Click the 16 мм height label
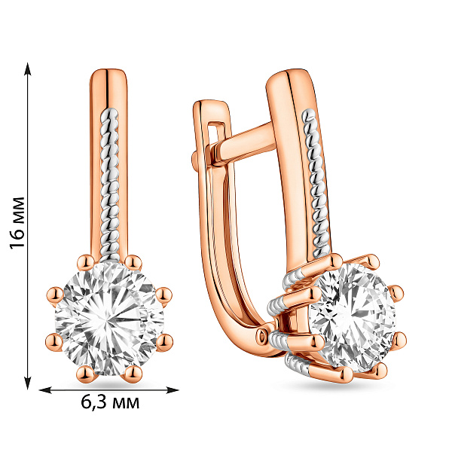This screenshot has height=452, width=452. (17, 223)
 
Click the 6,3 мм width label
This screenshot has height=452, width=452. (110, 402)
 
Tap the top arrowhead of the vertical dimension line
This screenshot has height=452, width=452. (28, 69)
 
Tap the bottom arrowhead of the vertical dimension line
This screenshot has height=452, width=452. (28, 383)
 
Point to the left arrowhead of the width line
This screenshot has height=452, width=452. (45, 390)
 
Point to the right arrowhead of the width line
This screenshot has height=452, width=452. (172, 390)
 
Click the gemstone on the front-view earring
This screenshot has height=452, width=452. (109, 319)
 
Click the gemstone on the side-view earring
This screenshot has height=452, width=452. (353, 317)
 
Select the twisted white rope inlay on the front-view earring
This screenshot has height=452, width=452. (109, 185)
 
